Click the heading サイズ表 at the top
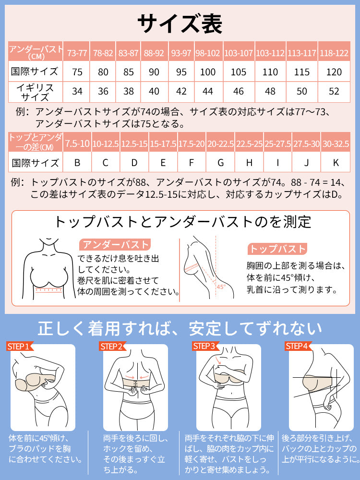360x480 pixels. pyautogui.click(x=180, y=24)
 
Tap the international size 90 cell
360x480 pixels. pyautogui.click(x=154, y=72)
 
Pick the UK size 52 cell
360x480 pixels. pyautogui.click(x=334, y=92)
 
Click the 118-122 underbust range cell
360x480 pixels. pyautogui.click(x=334, y=51)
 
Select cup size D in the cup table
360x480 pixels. pyautogui.click(x=134, y=162)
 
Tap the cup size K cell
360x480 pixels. pyautogui.click(x=336, y=162)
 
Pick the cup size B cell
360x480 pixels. pyautogui.click(x=77, y=162)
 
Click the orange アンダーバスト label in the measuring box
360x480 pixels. pyautogui.click(x=115, y=245)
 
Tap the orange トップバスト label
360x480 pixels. pyautogui.click(x=277, y=249)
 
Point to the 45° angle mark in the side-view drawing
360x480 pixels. pyautogui.click(x=221, y=287)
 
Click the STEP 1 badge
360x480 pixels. pyautogui.click(x=20, y=346)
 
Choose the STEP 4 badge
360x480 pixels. pyautogui.click(x=298, y=346)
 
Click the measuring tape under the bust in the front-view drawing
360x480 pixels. pyautogui.click(x=49, y=290)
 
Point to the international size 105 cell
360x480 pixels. pyautogui.click(x=239, y=72)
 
